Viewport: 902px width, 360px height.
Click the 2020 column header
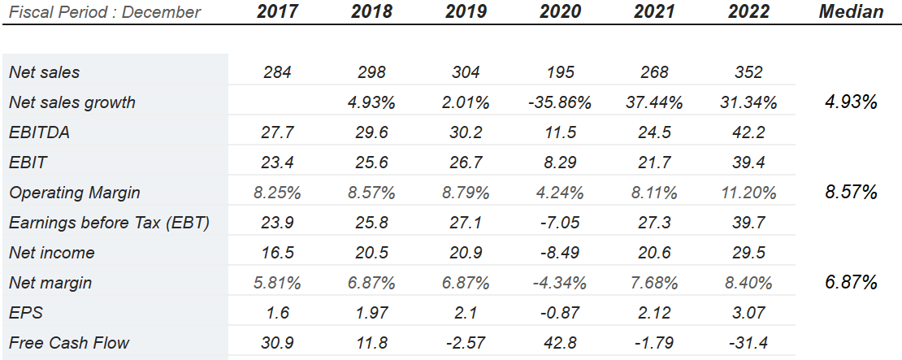click(561, 12)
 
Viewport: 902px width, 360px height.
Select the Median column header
click(851, 12)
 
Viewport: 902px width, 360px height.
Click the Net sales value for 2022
click(748, 72)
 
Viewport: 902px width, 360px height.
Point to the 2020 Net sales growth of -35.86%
click(561, 102)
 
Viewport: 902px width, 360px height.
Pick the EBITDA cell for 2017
click(278, 132)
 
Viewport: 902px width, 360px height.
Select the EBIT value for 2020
click(561, 163)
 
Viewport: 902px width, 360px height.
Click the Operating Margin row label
click(75, 193)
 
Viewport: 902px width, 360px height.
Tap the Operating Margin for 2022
click(748, 193)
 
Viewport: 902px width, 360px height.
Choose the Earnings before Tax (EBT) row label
click(109, 223)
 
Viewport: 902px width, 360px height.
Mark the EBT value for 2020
click(561, 223)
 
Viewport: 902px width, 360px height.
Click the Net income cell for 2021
click(654, 253)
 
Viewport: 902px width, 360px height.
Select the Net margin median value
click(851, 283)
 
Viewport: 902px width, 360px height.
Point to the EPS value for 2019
click(466, 313)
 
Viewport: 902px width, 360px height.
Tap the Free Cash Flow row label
click(69, 343)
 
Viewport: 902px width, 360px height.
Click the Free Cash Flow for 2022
click(748, 343)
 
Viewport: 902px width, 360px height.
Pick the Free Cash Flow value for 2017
click(278, 343)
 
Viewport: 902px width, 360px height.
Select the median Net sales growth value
click(851, 102)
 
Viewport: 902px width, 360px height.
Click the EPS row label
click(25, 313)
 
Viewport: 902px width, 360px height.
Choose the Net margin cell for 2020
click(561, 283)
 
